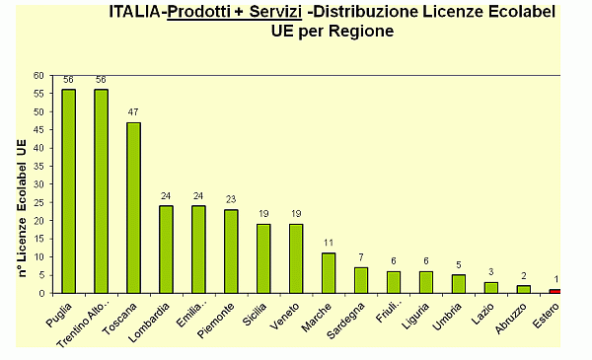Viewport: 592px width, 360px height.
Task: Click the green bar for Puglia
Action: coord(68,191)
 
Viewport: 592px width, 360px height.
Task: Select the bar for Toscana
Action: coord(133,207)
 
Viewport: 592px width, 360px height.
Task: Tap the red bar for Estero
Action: coord(555,291)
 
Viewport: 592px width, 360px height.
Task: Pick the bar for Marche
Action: coord(328,273)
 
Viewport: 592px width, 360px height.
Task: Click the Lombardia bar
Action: coord(166,250)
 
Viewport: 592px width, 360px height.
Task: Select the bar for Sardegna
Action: coord(360,280)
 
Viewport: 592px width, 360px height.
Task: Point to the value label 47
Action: coord(133,113)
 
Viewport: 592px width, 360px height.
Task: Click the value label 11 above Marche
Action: coord(328,244)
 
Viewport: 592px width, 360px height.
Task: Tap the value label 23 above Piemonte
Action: coord(230,200)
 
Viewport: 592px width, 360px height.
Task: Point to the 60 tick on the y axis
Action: coord(38,75)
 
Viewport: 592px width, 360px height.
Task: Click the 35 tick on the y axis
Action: coord(38,166)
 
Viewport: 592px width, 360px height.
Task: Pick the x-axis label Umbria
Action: coord(450,318)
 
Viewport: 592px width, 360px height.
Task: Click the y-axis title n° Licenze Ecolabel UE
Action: coord(22,207)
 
